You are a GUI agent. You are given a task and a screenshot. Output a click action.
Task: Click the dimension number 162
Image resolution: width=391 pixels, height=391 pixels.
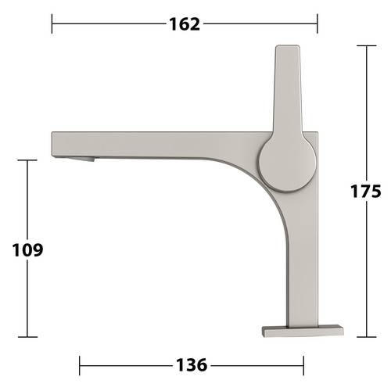point(185,24)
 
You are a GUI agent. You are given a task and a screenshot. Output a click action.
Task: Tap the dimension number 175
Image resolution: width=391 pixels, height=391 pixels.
point(365,191)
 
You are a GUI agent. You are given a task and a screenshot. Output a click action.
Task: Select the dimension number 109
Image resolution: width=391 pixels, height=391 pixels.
point(27,250)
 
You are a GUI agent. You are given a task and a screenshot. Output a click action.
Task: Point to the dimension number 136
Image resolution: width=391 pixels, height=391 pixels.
point(192,365)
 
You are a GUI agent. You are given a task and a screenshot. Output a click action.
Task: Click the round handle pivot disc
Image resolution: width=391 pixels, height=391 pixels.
point(287,163)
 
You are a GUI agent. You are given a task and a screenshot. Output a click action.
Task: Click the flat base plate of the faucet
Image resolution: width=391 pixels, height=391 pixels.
point(303,331)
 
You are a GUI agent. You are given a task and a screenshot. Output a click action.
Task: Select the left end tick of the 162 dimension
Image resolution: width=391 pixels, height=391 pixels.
point(52,23)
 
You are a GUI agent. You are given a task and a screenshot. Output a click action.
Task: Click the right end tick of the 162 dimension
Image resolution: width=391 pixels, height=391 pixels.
point(317,23)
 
